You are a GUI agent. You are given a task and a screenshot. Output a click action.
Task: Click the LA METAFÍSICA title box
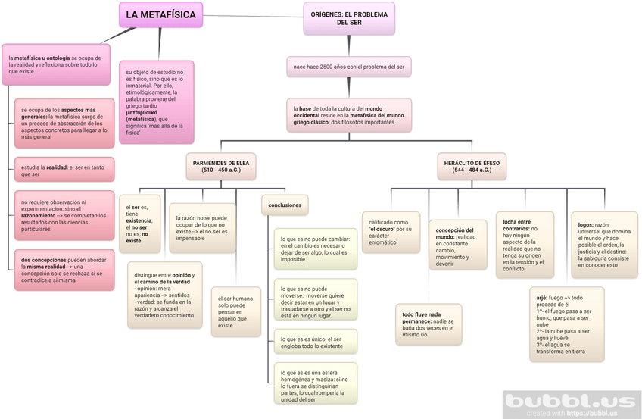[x=160, y=14]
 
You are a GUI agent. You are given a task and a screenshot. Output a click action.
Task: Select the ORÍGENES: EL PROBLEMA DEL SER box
[x=348, y=18]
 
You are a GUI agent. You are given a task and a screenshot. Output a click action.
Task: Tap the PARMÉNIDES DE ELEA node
[x=220, y=166]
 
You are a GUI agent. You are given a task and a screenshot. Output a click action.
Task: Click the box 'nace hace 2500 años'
[x=348, y=67]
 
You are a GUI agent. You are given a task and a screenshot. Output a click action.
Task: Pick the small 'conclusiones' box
[x=285, y=205]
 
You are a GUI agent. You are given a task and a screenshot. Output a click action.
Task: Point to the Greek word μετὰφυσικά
[x=148, y=111]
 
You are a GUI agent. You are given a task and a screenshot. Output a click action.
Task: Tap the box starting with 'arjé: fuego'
[x=566, y=324]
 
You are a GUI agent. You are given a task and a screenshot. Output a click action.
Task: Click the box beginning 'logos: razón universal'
[x=603, y=245]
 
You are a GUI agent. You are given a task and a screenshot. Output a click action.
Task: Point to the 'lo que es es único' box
[x=314, y=342]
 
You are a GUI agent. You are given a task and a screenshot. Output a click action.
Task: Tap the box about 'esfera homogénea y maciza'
[x=314, y=385]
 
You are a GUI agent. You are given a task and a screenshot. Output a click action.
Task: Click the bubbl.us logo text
[x=572, y=402]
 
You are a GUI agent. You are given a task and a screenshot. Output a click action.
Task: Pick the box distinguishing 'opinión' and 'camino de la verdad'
[x=164, y=295]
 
